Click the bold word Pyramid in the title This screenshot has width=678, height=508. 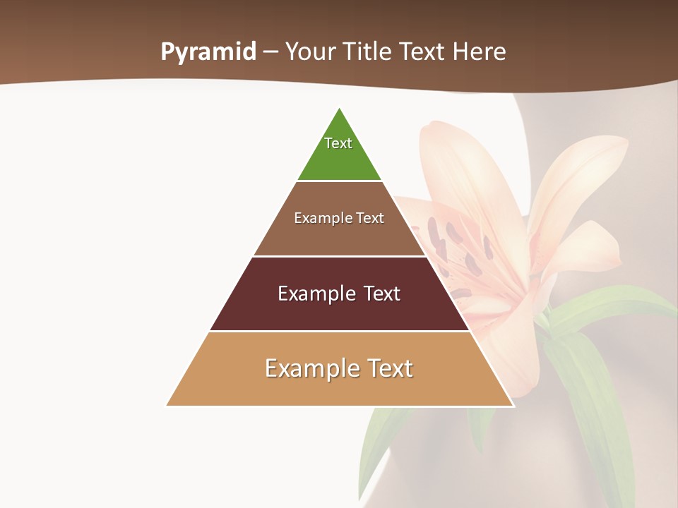click(208, 52)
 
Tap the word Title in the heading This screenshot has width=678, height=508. click(370, 52)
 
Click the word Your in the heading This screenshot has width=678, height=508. click(310, 52)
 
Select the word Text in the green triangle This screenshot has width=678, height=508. click(338, 143)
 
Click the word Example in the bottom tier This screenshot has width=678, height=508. click(311, 368)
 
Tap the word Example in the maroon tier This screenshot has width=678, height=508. click(317, 294)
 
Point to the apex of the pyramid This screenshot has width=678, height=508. click(340, 109)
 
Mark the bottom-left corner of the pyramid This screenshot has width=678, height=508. click(167, 405)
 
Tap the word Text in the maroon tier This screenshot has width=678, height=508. click(381, 294)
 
